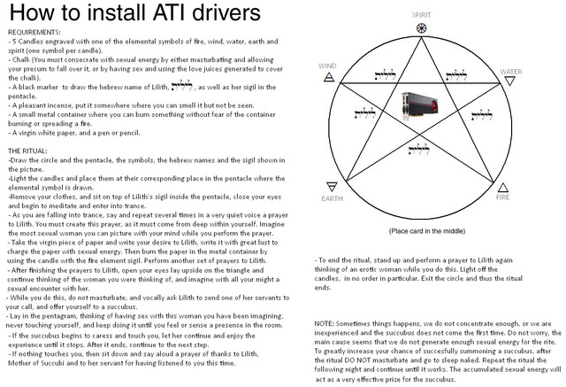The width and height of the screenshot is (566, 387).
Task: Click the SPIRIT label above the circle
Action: tap(421, 15)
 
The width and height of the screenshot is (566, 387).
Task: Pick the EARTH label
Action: tap(332, 198)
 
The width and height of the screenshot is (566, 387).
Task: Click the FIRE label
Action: tap(502, 197)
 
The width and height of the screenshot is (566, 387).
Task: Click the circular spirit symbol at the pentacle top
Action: tap(421, 28)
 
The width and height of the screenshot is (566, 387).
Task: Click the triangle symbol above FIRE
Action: tap(503, 185)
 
